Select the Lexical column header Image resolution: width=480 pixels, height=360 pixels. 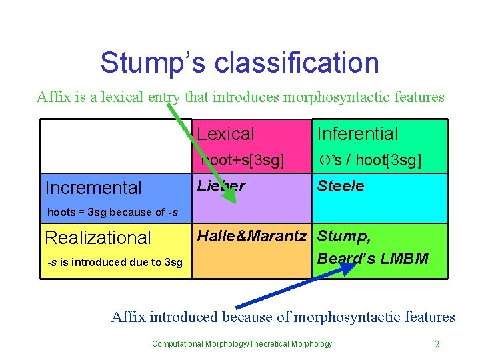[225, 133]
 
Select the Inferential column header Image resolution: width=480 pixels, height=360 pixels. [357, 133]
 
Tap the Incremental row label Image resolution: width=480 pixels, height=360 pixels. [93, 188]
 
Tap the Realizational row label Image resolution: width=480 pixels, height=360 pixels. [97, 237]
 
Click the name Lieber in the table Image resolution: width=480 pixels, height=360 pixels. [221, 186]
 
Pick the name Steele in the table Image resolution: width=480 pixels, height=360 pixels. [340, 186]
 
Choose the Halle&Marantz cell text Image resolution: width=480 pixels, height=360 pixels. [251, 235]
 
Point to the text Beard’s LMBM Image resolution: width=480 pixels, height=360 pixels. [373, 258]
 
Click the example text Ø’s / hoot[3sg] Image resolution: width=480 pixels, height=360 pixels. [369, 161]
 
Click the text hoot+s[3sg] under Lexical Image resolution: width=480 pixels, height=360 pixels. [241, 161]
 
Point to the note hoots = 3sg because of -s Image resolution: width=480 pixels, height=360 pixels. [113, 213]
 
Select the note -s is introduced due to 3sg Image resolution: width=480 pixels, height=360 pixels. [115, 262]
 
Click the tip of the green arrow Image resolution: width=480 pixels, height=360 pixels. [234, 195]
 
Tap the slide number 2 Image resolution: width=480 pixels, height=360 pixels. [437, 344]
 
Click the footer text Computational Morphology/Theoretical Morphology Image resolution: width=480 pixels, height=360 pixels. [241, 344]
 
